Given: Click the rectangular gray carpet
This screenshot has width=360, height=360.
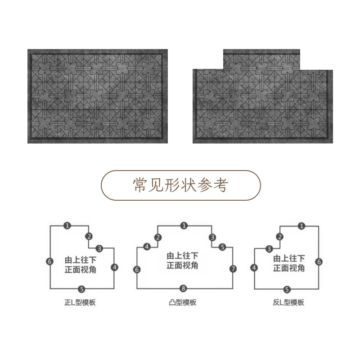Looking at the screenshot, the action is coord(97,96).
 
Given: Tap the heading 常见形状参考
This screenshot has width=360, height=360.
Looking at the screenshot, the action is coord(181,184).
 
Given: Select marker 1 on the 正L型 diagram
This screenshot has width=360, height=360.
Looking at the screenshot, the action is coord(67,225).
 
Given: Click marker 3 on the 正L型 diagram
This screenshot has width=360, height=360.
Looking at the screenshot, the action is coord(99,248).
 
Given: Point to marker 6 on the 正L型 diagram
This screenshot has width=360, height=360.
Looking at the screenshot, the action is coord(49,261).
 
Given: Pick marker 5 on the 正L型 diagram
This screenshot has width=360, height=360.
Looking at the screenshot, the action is coord(81,288).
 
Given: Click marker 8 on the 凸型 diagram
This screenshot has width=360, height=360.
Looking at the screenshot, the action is coord(183,288).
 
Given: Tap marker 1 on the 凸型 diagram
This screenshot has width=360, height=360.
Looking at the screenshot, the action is coord(183,225).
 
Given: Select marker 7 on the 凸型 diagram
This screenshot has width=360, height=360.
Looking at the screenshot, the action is coord(233,269).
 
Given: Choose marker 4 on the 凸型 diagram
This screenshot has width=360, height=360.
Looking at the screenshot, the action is coord(147,247).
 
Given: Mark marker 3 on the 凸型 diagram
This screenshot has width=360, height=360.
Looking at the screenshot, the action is coord(211,238).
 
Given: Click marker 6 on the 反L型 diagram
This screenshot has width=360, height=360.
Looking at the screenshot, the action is coord(319,261).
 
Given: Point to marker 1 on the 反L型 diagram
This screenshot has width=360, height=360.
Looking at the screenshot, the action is coord(301,225).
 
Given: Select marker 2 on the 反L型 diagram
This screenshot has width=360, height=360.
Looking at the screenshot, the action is coord(280,237).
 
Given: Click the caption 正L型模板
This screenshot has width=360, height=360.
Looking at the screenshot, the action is coord(81,303).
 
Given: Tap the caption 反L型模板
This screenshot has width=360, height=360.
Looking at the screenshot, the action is coord(288,303).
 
